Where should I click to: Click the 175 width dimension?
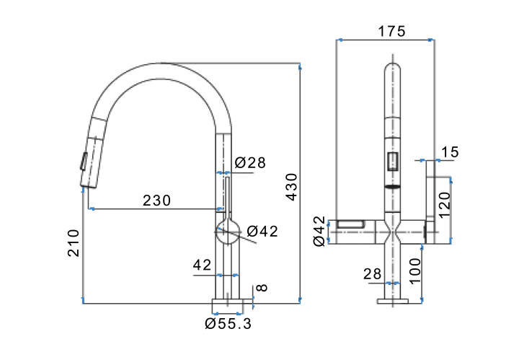(x=391, y=32)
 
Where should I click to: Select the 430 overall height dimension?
(x=292, y=187)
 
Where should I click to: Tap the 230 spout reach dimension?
(x=156, y=201)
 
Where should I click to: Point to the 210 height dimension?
(x=74, y=243)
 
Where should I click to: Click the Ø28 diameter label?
(x=250, y=162)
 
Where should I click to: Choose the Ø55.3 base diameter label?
(x=228, y=324)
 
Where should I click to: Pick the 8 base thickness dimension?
(x=262, y=287)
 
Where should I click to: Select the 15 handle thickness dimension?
(x=450, y=152)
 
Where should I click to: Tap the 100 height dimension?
(x=414, y=271)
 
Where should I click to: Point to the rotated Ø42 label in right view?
(x=319, y=231)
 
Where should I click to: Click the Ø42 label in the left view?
(x=262, y=231)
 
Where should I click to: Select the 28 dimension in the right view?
(x=373, y=274)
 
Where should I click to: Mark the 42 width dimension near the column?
(x=202, y=265)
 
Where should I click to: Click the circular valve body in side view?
(x=228, y=232)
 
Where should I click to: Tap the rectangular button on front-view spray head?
(x=393, y=162)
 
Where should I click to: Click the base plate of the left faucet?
(x=227, y=306)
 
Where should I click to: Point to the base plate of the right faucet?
(x=393, y=301)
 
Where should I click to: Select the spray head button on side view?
(x=84, y=162)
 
